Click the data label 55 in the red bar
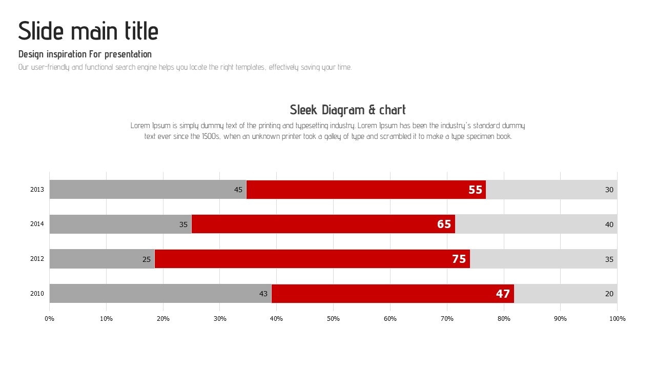point(475,190)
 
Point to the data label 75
point(459,259)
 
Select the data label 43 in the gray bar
point(263,294)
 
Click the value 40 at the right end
point(609,224)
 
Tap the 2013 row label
point(37,190)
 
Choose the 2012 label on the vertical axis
point(37,259)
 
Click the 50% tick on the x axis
point(333,319)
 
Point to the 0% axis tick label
point(49,319)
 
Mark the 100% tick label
point(617,319)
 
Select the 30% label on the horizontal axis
point(220,319)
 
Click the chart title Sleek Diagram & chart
point(347,110)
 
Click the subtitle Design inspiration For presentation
point(85,54)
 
